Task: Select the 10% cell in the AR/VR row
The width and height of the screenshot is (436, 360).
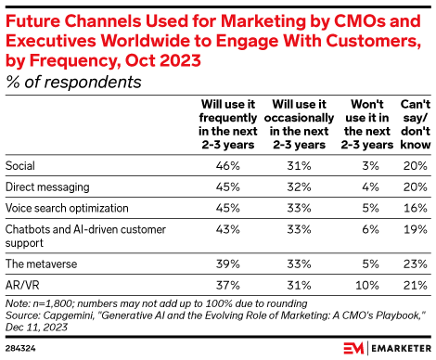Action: point(365,283)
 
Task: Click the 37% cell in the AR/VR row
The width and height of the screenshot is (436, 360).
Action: point(227,283)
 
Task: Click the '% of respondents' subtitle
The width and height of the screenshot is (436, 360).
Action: point(73,82)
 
